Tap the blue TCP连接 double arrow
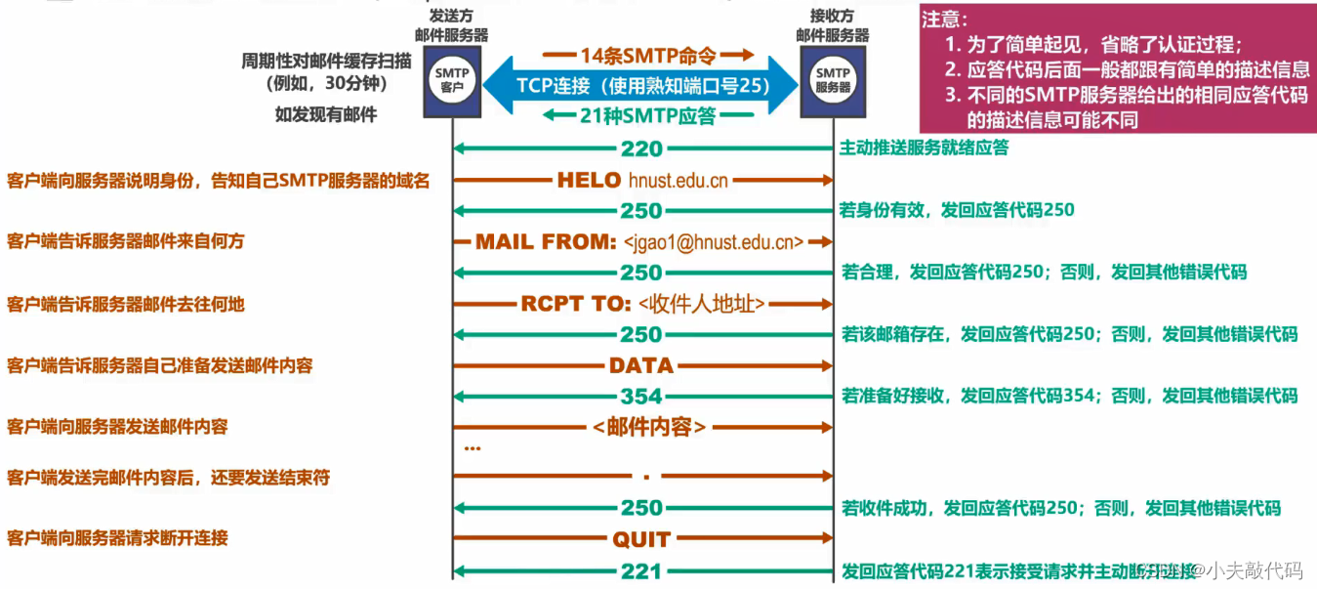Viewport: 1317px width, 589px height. [x=642, y=85]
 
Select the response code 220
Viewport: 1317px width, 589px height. [x=641, y=149]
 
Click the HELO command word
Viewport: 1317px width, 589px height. [x=589, y=180]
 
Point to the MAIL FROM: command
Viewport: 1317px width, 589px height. [x=546, y=241]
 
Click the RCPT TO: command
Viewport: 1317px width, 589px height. [x=576, y=304]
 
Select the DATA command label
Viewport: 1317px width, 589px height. [x=641, y=365]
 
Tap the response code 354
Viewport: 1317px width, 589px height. [x=641, y=397]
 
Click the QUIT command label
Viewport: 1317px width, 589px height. [x=641, y=539]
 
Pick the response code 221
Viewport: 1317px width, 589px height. [x=641, y=571]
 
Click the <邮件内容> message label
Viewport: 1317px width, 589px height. [x=648, y=427]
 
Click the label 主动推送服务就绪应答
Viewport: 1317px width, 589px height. [x=924, y=148]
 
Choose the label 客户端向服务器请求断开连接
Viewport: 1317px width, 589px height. [x=117, y=538]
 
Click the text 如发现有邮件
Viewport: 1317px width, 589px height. [x=326, y=114]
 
